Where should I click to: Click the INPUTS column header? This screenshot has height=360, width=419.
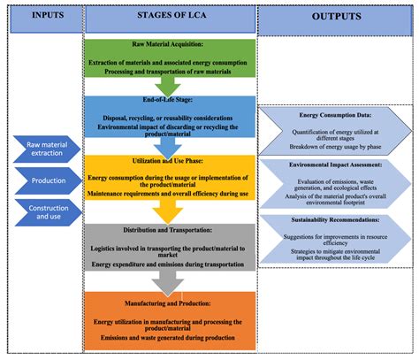coord(42,14)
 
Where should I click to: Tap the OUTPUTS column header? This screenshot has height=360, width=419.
coord(337,18)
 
